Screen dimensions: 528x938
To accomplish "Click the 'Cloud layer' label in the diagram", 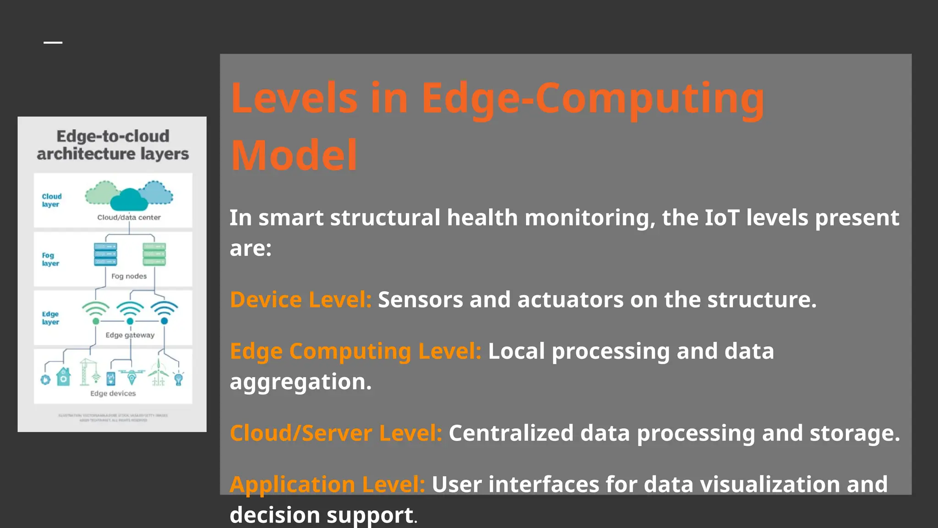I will click(51, 200).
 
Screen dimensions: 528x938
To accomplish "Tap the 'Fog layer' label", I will click(50, 259).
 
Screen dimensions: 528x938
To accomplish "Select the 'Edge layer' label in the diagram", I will click(50, 318).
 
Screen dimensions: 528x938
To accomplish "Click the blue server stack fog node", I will click(105, 254).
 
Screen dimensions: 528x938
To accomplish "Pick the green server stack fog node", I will click(154, 254).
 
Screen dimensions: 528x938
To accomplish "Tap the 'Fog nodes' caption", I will click(129, 276).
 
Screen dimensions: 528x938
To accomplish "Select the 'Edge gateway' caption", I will click(130, 335).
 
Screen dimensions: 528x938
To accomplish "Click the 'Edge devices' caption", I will click(113, 393).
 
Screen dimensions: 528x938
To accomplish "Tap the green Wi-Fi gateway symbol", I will click(96, 312).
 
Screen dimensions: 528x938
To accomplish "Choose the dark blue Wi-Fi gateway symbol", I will click(164, 312).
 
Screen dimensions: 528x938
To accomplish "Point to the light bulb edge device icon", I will click(179, 378).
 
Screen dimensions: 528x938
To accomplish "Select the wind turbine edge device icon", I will click(158, 374).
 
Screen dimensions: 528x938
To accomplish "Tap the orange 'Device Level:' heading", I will click(300, 300).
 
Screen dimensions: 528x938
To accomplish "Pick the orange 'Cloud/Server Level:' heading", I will click(336, 433).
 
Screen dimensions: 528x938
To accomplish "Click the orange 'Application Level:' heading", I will click(327, 484).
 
